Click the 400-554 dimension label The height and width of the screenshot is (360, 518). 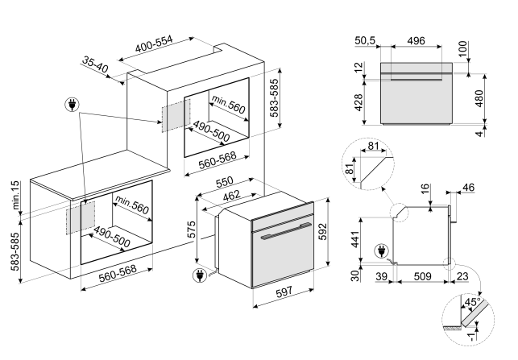tap(166, 45)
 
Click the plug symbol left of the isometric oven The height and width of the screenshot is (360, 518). tap(198, 277)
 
